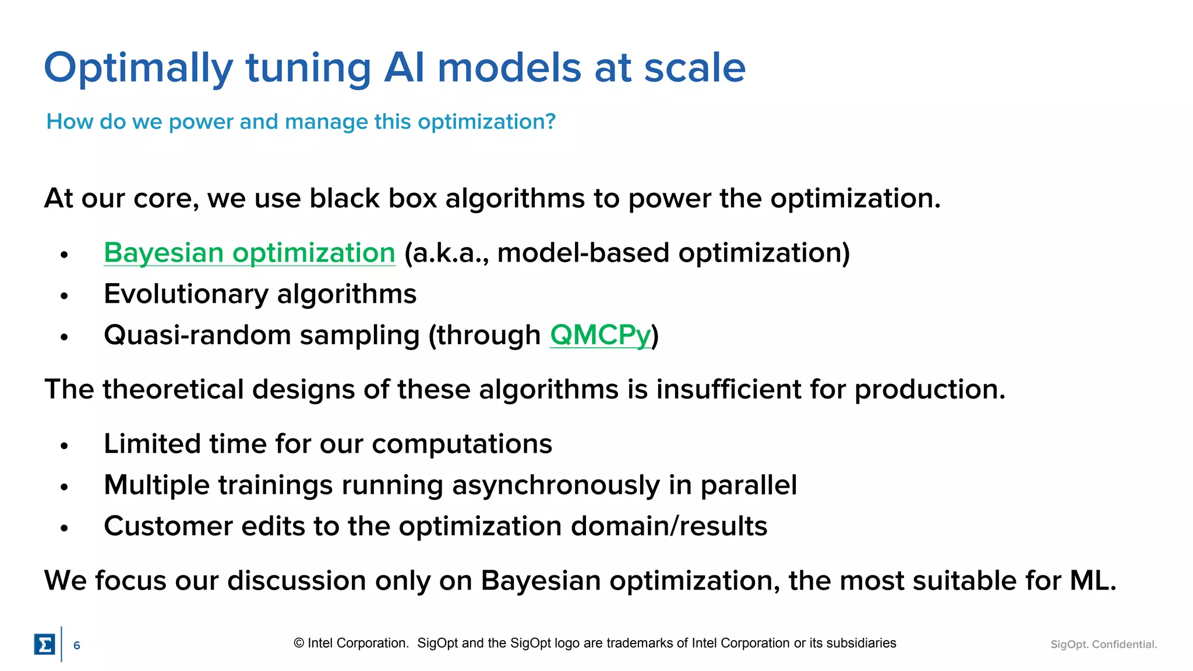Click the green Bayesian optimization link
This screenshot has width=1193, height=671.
249,253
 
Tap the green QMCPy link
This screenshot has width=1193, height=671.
600,335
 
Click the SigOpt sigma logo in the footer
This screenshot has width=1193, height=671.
44,644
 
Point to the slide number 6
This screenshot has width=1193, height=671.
76,645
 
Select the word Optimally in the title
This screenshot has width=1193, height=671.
138,69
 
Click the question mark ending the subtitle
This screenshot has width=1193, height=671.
550,122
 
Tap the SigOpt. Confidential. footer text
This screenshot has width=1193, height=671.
1103,644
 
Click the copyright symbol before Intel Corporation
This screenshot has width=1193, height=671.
299,643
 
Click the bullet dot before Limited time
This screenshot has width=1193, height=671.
64,446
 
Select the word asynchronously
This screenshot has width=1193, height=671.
556,485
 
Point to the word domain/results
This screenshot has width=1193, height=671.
669,527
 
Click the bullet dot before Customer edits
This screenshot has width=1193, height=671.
64,528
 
